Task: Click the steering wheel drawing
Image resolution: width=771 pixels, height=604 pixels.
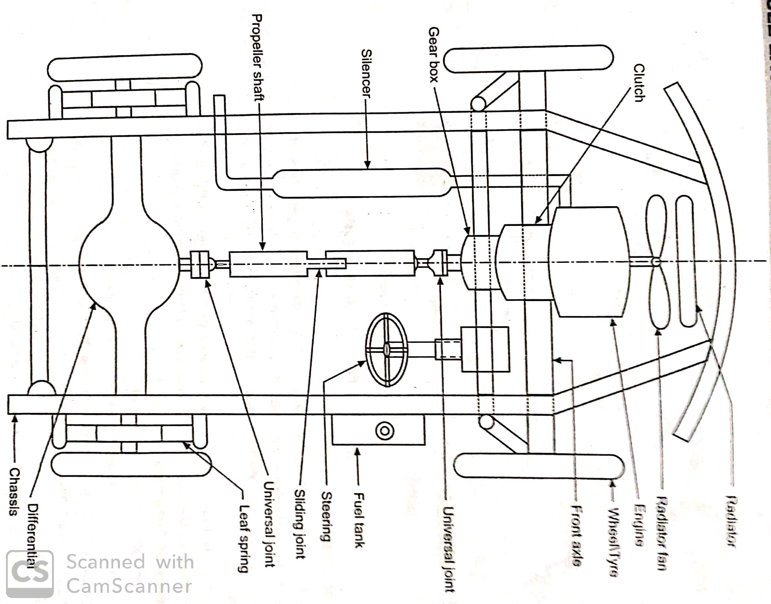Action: [x=386, y=349]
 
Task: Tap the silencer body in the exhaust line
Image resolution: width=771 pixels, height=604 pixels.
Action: [x=363, y=183]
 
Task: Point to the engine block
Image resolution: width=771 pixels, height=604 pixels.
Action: [x=589, y=262]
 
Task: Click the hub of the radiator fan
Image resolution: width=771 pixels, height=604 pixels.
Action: [x=656, y=262]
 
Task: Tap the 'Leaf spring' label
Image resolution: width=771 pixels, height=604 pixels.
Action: [x=244, y=538]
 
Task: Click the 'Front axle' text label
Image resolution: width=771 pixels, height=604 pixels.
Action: [x=577, y=536]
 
